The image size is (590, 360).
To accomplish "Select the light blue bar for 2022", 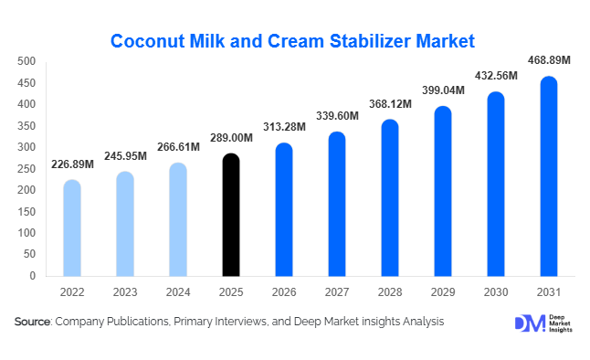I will click(x=72, y=228).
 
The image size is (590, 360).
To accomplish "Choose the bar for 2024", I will click(x=178, y=219).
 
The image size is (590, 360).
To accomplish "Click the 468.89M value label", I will click(x=549, y=60).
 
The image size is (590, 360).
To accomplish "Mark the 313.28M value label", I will click(x=284, y=127).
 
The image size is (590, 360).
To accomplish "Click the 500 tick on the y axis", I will click(x=26, y=61).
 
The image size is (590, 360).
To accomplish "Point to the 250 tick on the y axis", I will click(x=26, y=168).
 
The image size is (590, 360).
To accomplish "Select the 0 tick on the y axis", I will click(x=32, y=275).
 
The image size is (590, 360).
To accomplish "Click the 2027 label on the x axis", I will click(x=337, y=293).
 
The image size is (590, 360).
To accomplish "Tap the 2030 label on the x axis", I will click(x=495, y=293).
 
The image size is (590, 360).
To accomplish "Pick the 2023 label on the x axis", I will click(x=125, y=293).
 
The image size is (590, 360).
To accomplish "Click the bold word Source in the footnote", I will click(x=33, y=322).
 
